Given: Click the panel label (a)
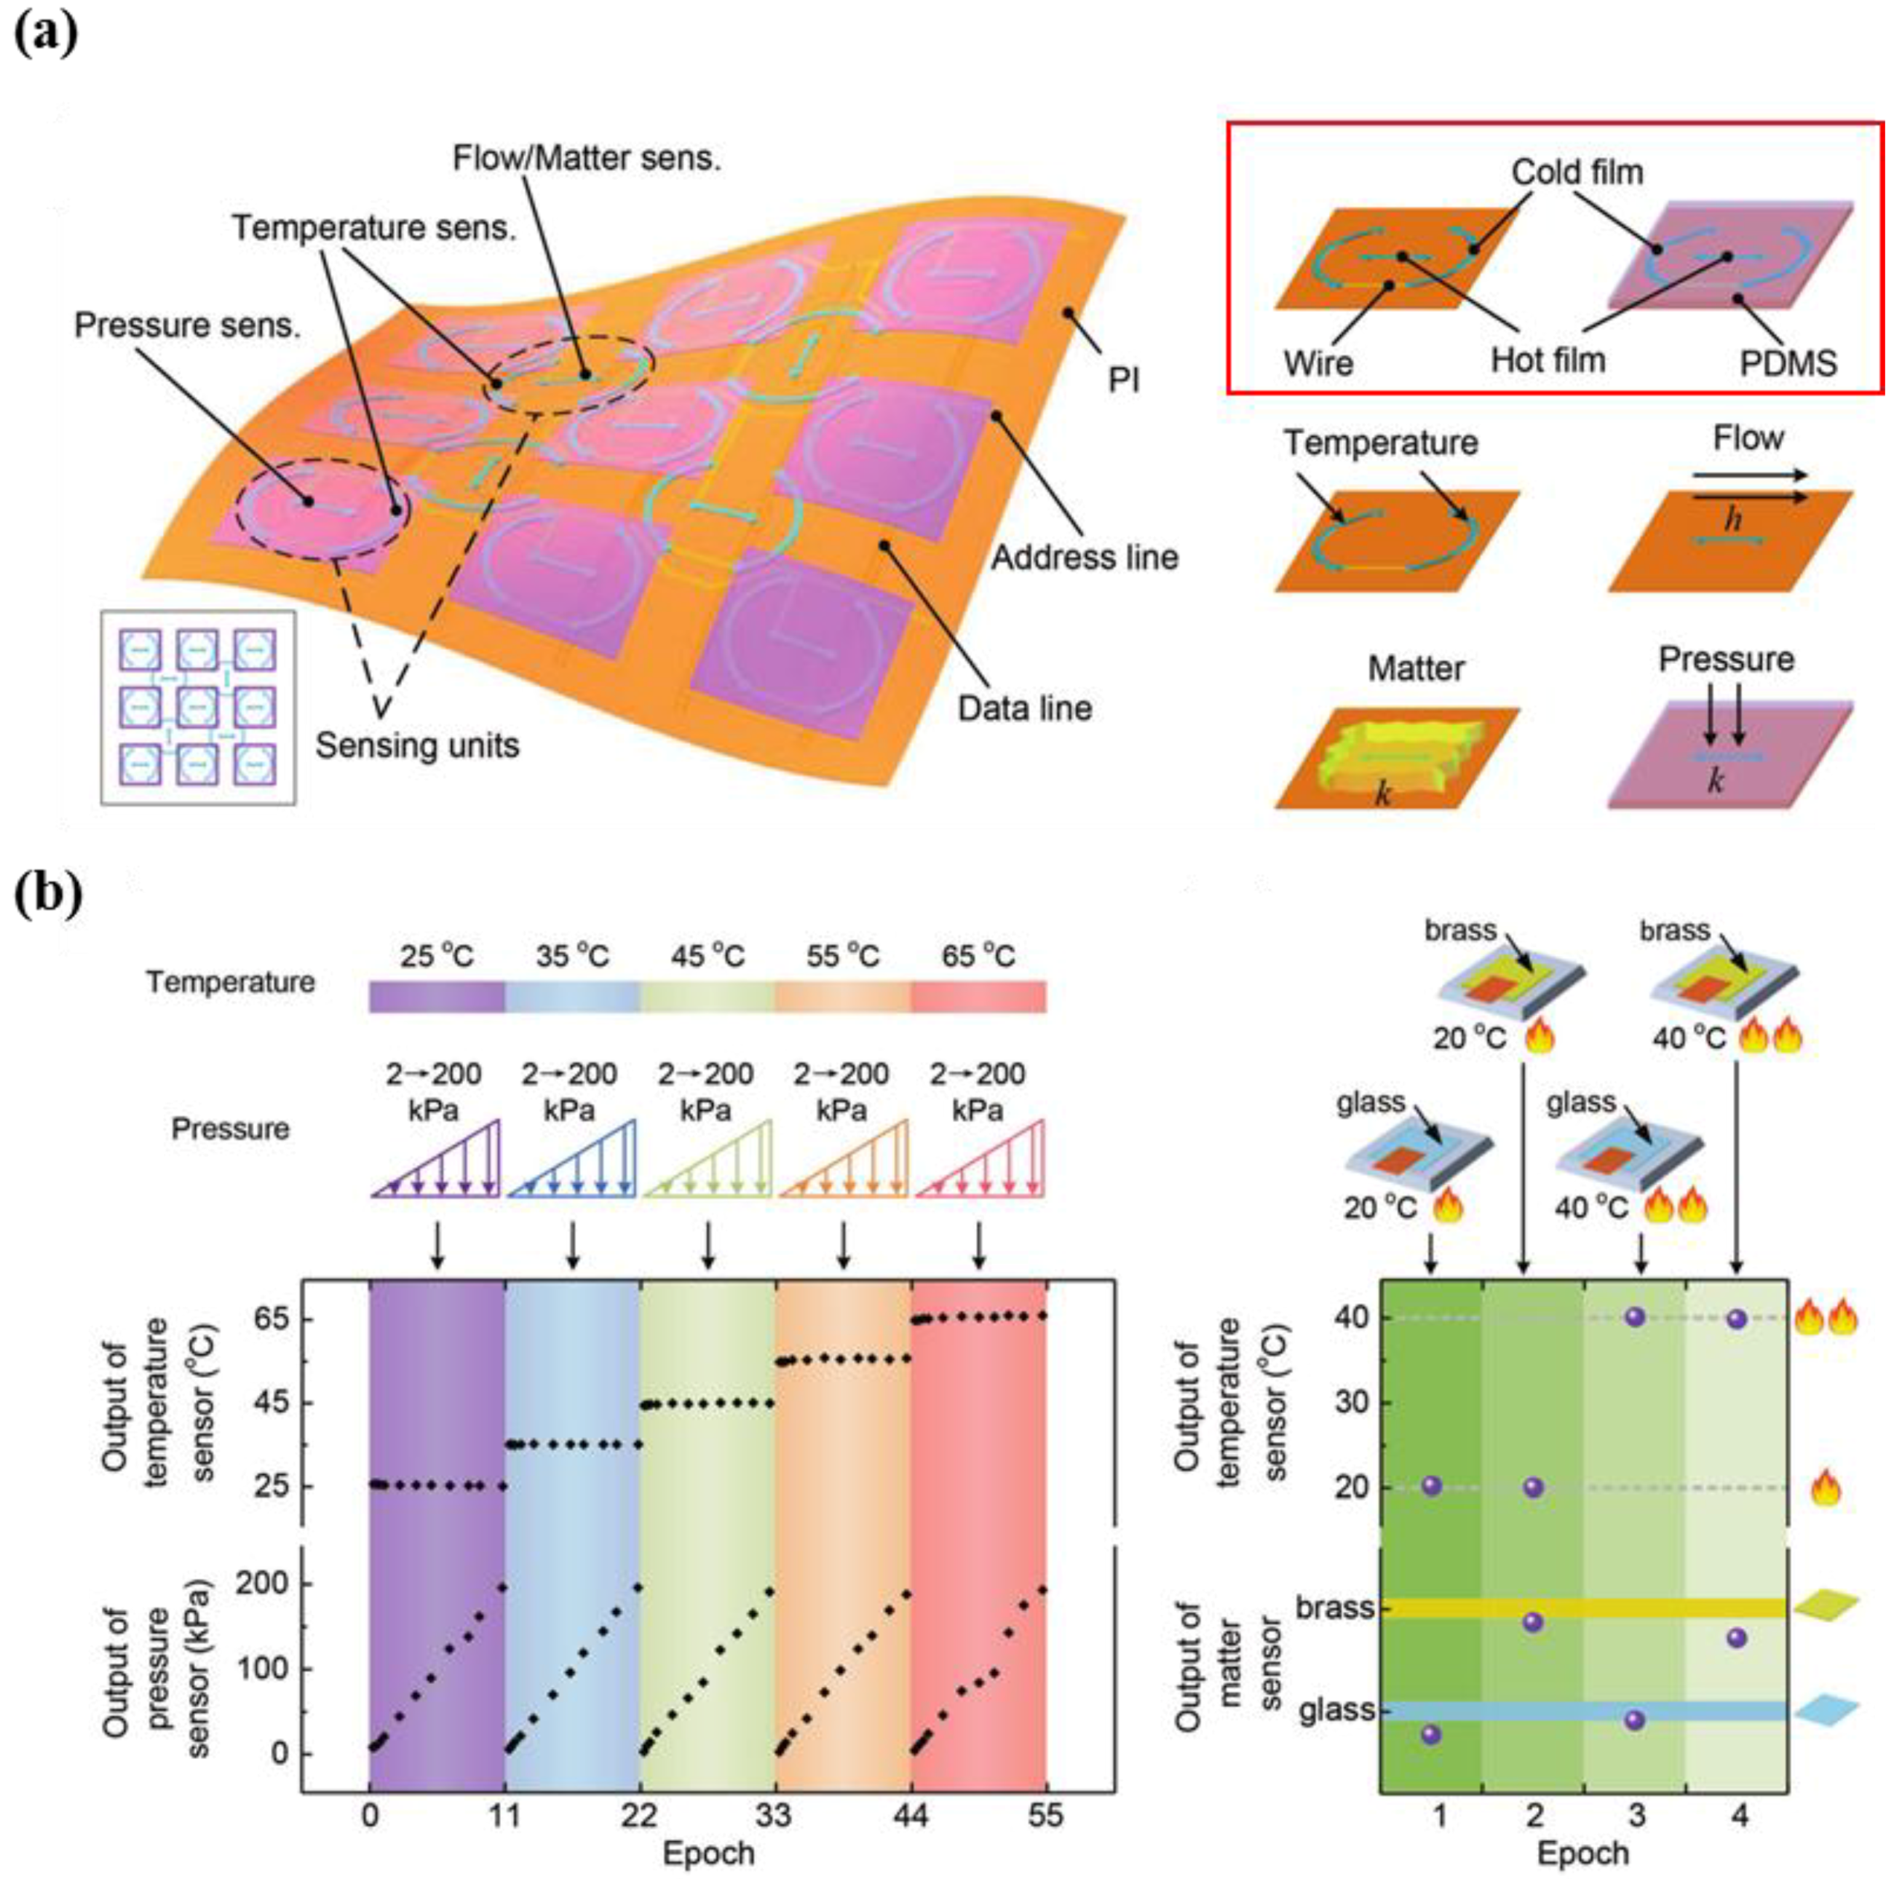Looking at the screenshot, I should tap(45, 36).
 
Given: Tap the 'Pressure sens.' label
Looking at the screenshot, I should tap(187, 326).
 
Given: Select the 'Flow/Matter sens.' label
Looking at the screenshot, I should tap(587, 159).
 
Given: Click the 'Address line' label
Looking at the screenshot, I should tap(1084, 558).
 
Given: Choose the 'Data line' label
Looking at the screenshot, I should tap(1025, 708).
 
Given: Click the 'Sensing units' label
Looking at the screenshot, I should tap(416, 745).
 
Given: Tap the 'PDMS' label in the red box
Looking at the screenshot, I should tap(1788, 363).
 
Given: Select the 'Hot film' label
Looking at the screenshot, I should tap(1548, 360).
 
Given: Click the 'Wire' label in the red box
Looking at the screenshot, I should tap(1318, 363).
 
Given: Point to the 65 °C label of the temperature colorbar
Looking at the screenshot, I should tap(978, 955).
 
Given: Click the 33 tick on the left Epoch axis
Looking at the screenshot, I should tap(774, 1814).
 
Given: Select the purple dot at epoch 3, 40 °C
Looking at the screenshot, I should tap(1635, 1318).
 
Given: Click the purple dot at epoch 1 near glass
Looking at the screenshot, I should tap(1432, 1734).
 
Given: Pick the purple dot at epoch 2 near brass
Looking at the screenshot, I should tap(1533, 1622).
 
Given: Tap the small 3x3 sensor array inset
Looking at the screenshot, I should tap(198, 707).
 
